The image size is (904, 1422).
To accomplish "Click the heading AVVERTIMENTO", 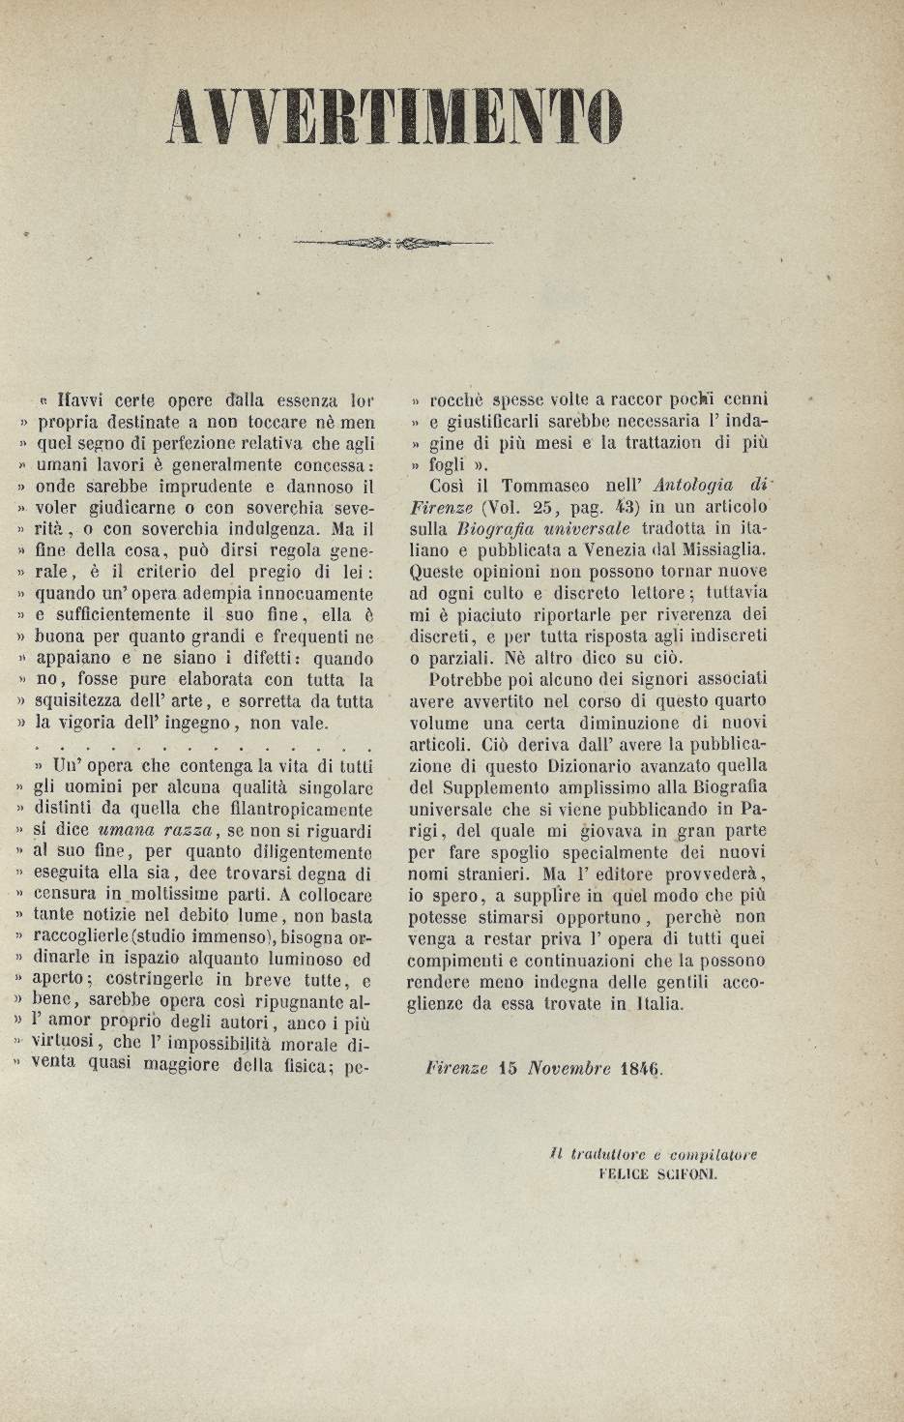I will (394, 120).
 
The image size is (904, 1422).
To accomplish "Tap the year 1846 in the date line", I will (638, 1069).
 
